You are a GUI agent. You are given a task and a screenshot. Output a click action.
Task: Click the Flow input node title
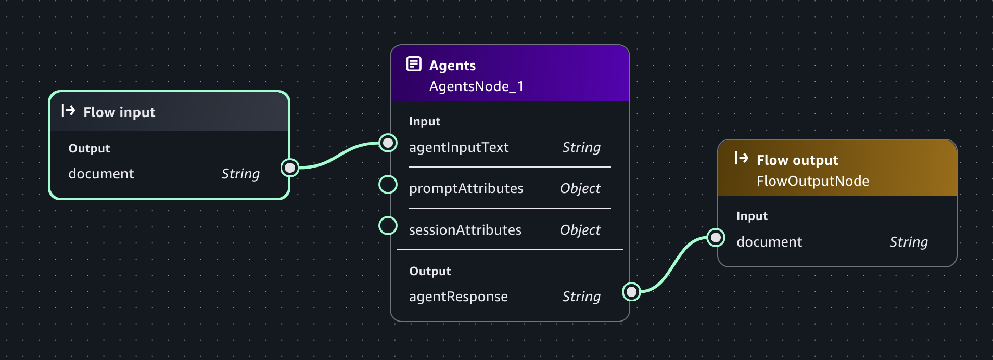click(x=119, y=112)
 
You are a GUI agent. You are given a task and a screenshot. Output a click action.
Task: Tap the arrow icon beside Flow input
click(x=68, y=110)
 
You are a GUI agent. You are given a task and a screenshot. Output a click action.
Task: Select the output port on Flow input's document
click(x=290, y=168)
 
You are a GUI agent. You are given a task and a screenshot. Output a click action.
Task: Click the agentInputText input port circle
click(x=388, y=143)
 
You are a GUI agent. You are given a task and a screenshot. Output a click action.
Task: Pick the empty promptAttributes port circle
click(x=388, y=184)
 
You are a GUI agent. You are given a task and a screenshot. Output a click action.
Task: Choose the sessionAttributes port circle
click(x=388, y=226)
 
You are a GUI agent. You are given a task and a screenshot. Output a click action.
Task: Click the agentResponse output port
click(x=631, y=292)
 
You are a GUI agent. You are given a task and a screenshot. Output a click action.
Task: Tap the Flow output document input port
click(x=716, y=238)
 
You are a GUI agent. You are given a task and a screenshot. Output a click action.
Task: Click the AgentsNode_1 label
click(x=476, y=86)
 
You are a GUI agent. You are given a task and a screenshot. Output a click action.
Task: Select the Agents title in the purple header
click(x=452, y=66)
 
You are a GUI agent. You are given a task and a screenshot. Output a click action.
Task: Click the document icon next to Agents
click(x=414, y=64)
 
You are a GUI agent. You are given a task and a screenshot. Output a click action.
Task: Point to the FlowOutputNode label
click(x=812, y=181)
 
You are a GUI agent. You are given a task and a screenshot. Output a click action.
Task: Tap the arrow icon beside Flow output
click(x=742, y=158)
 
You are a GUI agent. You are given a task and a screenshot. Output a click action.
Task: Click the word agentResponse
click(x=458, y=297)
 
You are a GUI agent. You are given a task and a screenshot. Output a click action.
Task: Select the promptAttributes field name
click(x=466, y=188)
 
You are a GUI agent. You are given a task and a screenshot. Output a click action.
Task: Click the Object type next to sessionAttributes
click(x=580, y=230)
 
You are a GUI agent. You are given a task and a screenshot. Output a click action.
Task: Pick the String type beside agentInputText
click(x=581, y=147)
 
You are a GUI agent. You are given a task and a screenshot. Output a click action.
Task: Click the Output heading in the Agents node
click(x=430, y=271)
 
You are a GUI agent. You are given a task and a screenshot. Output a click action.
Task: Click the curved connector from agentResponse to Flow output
click(x=673, y=264)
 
